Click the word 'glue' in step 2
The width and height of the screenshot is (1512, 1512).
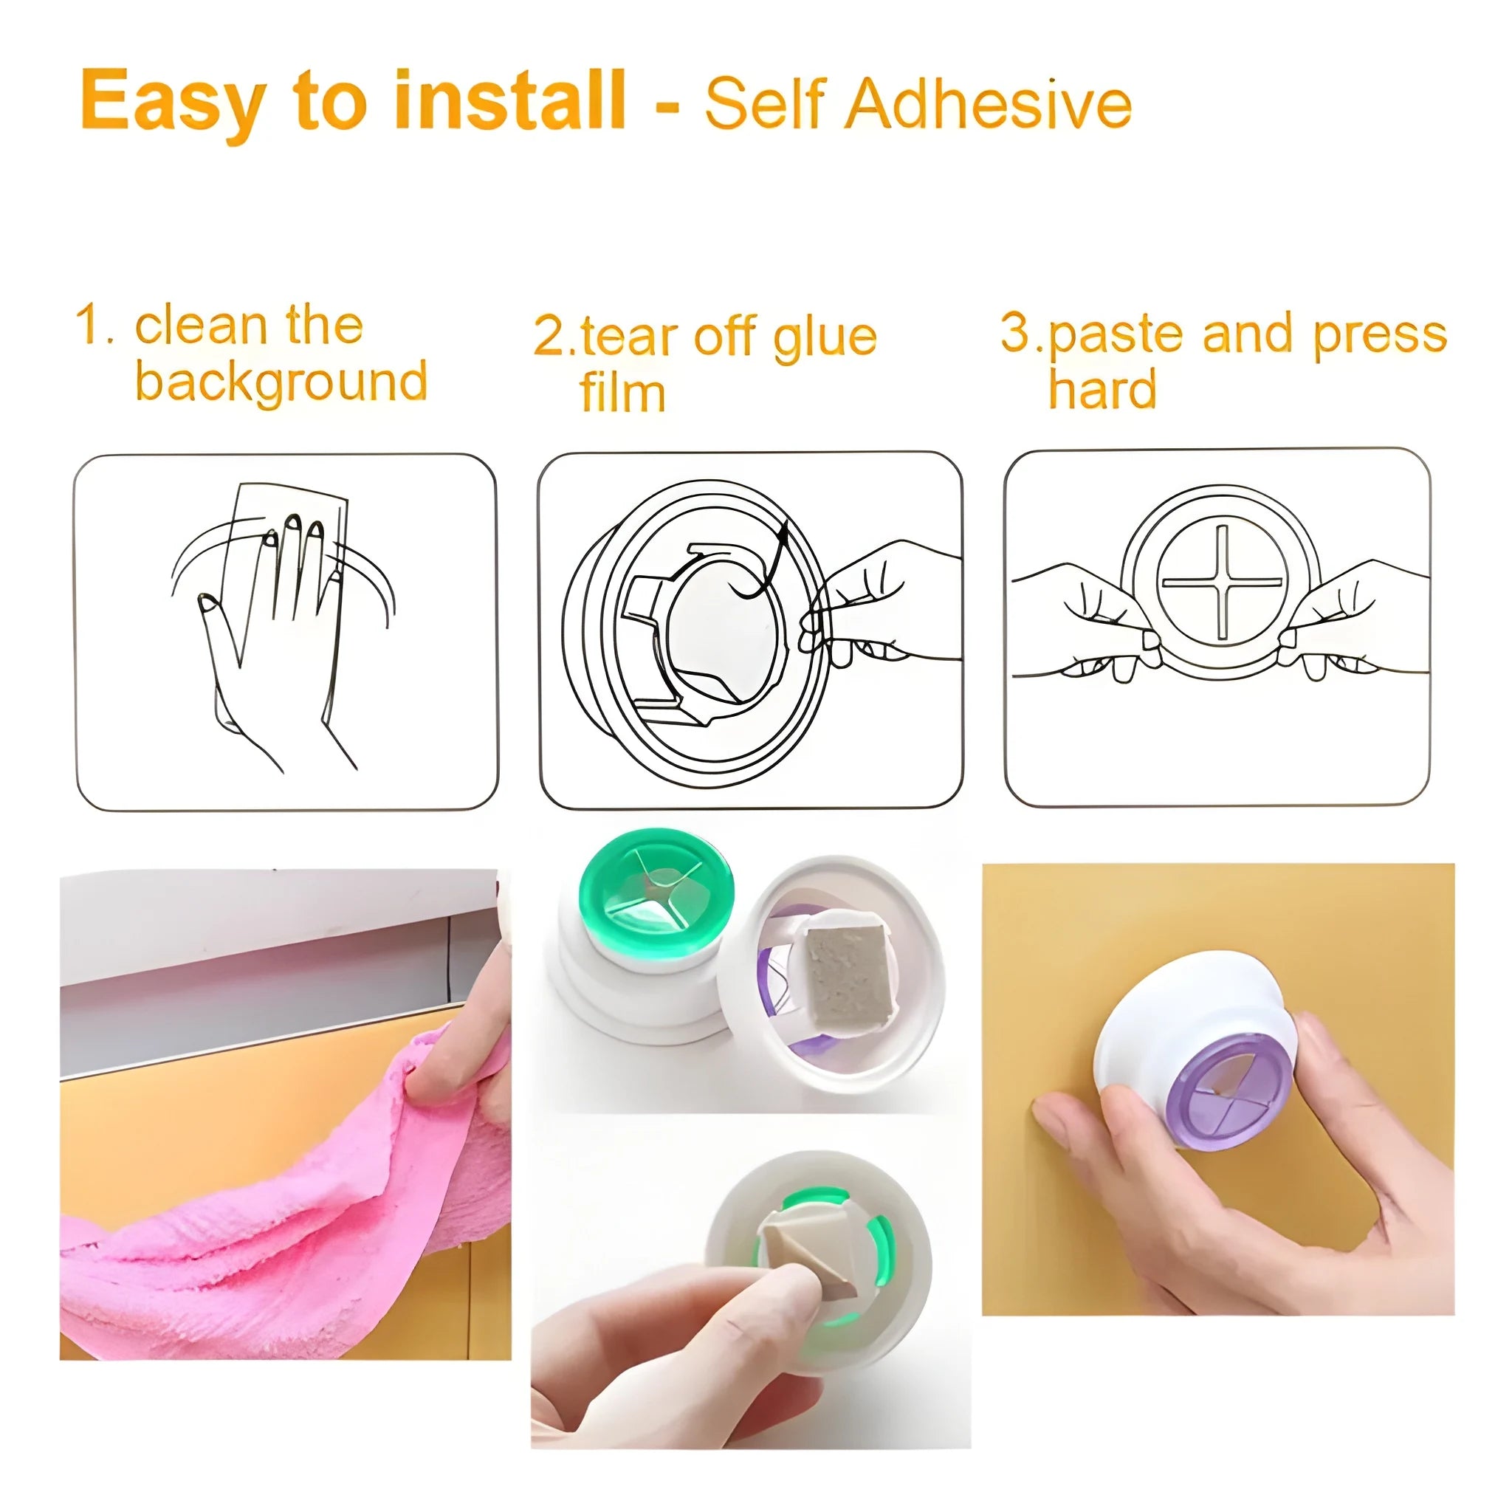click(x=824, y=337)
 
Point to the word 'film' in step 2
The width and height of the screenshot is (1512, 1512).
click(x=622, y=392)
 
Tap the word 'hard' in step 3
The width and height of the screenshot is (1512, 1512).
click(x=1102, y=389)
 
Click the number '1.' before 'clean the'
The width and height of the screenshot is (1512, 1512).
click(x=95, y=325)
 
